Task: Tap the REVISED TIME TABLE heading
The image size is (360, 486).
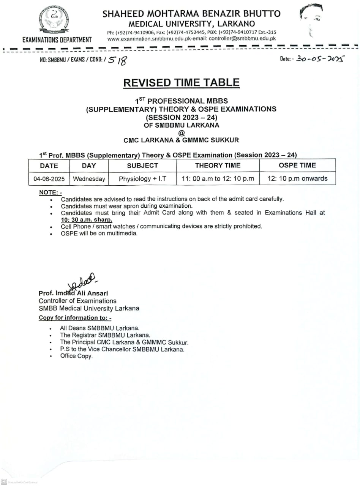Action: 181,83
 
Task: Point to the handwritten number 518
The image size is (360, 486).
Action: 117,60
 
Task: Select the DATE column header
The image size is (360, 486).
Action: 49,166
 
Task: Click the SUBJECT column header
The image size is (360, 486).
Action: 142,166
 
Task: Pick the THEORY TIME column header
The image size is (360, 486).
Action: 218,165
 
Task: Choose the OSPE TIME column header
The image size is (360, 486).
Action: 297,165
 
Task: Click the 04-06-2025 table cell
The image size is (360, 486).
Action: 49,179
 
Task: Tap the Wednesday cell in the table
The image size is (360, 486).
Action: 89,179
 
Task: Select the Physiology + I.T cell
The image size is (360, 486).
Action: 142,179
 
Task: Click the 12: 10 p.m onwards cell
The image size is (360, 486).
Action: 297,178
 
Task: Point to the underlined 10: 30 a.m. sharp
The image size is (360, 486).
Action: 87,219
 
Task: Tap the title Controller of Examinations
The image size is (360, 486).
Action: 77,301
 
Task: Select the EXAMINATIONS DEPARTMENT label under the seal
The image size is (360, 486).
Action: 57,40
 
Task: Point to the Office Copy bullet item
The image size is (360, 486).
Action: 76,356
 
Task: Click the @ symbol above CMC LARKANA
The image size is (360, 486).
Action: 181,133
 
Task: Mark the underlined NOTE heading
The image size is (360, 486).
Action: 50,193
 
